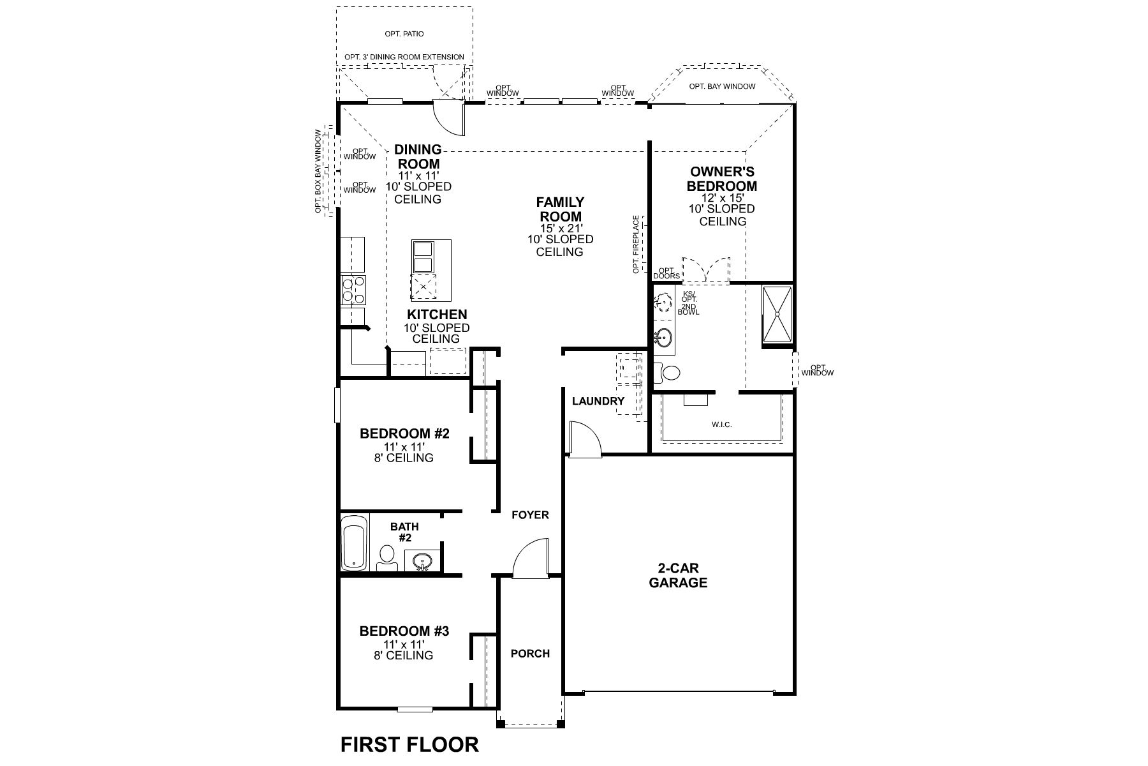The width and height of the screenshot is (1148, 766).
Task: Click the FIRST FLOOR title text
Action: (409, 744)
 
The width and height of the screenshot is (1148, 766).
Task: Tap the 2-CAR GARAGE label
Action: (677, 575)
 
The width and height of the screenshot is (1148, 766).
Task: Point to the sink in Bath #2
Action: (422, 562)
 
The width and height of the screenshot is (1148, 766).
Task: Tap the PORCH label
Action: (530, 653)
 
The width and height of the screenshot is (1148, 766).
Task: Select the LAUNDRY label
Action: (598, 401)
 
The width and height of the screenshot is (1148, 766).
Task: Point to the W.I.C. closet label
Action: (721, 424)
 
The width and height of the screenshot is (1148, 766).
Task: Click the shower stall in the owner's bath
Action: (777, 316)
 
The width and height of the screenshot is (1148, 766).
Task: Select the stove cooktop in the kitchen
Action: (353, 289)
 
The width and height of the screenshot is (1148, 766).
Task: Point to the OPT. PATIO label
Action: (404, 34)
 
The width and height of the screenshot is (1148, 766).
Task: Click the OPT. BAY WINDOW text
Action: (722, 86)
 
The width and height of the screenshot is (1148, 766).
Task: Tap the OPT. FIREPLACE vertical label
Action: (636, 244)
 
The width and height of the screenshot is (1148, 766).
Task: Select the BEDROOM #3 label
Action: (404, 631)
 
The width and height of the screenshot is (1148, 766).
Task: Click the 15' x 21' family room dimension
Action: (560, 227)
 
